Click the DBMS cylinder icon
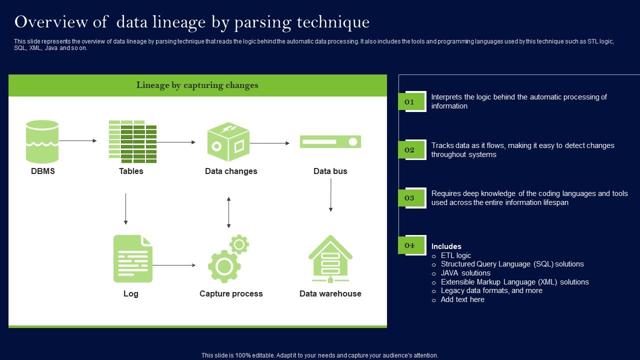tap(42, 141)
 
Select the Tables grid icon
tap(132, 141)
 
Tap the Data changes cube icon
tap(228, 142)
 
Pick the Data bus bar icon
tap(330, 142)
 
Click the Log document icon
tap(132, 258)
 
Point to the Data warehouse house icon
tap(330, 259)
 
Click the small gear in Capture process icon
tap(239, 244)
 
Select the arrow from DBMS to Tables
tap(78, 141)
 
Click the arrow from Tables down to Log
tap(125, 208)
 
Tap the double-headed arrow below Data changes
tap(228, 212)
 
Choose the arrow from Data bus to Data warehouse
tap(330, 195)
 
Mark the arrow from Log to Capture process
tap(174, 265)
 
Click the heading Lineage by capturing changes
tap(197, 85)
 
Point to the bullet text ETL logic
tap(455, 255)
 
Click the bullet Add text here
tap(462, 299)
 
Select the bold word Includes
tap(446, 246)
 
